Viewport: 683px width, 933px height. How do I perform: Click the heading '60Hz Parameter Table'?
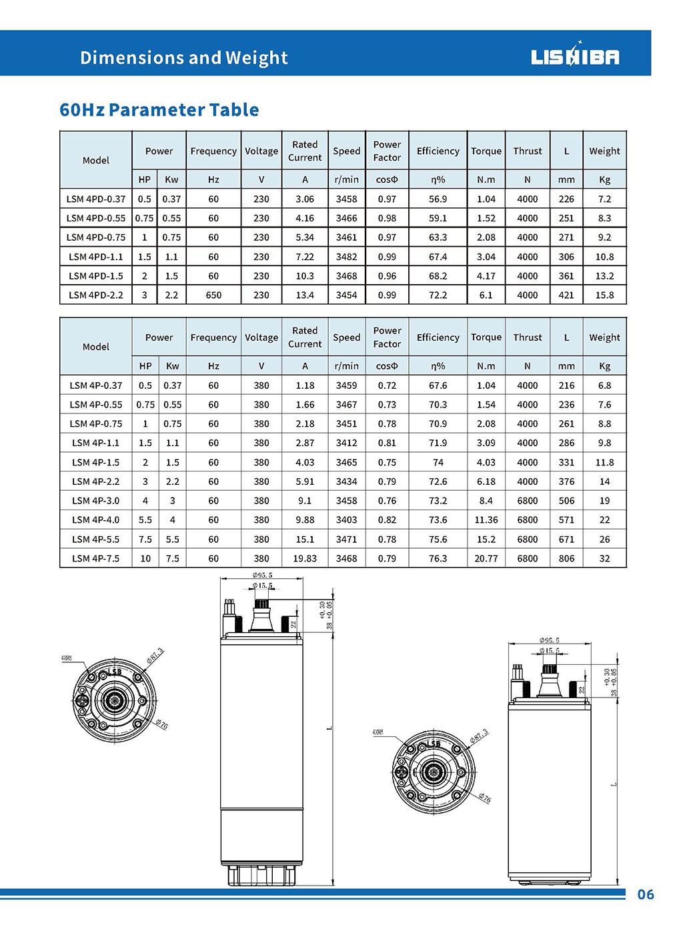point(159,110)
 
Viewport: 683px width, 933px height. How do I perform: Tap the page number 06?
point(645,894)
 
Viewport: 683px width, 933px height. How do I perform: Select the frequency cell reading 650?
point(213,295)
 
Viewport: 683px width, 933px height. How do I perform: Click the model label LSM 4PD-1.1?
point(96,257)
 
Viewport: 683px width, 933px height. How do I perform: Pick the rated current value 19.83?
point(305,558)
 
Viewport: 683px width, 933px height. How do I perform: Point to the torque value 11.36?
point(486,520)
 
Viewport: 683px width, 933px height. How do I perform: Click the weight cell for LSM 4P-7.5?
point(604,558)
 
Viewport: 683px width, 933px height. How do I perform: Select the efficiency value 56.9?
point(438,199)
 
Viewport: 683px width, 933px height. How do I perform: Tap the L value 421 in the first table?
point(566,295)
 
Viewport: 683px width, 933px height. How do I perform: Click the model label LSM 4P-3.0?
point(96,500)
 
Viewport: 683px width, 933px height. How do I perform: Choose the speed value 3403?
point(346,520)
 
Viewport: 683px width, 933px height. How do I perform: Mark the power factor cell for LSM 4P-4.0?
point(387,520)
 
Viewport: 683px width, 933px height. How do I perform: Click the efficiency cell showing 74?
point(438,462)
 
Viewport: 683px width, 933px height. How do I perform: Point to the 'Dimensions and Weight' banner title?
point(184,58)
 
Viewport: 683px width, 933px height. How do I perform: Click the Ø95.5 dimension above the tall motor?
point(262,575)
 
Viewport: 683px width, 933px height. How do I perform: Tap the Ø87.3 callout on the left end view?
point(155,655)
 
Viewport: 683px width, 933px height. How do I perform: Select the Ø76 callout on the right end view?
point(484,798)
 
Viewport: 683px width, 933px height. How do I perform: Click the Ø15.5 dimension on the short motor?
point(550,650)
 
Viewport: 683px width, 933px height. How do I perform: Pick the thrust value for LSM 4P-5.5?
point(527,539)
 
